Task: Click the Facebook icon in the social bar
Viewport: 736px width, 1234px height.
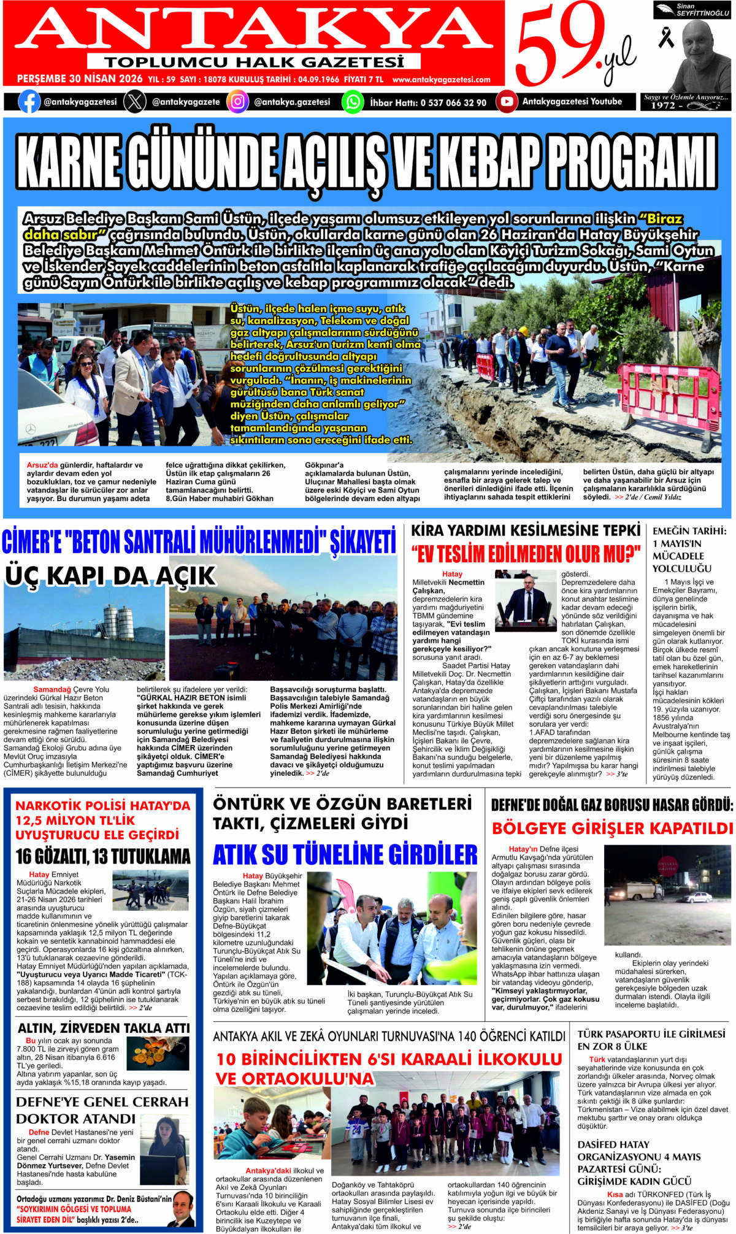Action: (29, 101)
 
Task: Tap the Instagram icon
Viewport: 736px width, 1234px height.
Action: (237, 102)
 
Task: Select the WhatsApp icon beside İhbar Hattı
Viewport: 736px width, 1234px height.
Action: (353, 102)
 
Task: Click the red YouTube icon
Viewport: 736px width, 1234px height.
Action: (507, 102)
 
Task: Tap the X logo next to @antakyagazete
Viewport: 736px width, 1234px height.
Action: (135, 102)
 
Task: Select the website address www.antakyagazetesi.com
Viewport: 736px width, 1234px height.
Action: (441, 80)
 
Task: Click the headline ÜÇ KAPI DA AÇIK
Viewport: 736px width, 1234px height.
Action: (110, 576)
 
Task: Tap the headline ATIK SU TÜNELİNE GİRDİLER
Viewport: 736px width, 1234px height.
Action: (345, 854)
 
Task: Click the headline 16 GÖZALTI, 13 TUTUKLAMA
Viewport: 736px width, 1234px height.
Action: (103, 856)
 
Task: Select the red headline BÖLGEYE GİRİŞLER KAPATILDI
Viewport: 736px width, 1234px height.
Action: (611, 829)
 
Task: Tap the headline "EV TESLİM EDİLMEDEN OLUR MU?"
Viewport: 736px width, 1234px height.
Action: (526, 554)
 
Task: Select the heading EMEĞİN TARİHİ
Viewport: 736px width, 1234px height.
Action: (689, 531)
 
